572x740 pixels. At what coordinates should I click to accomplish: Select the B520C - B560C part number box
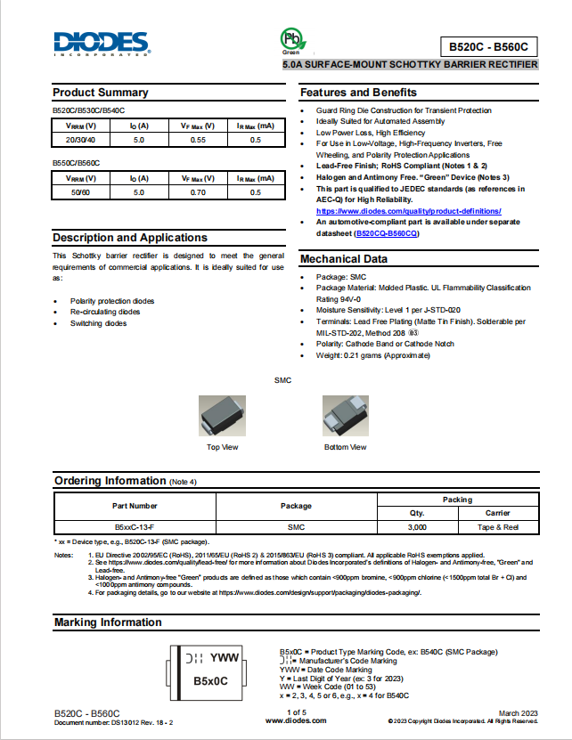coord(489,47)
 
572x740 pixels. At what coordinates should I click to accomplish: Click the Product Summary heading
coord(101,93)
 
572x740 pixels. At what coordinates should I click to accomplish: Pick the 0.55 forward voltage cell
coord(199,140)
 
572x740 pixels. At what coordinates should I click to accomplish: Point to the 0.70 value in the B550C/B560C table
coord(199,191)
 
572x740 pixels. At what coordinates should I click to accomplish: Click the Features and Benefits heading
coord(358,93)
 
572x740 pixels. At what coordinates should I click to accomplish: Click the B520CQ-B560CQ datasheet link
coord(386,233)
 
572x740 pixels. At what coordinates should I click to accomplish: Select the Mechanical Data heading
coord(344,259)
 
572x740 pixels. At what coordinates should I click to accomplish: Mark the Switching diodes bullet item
coord(98,323)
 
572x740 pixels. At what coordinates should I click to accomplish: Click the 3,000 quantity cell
coord(417,528)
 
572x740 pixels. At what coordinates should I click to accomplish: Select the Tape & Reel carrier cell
coord(497,528)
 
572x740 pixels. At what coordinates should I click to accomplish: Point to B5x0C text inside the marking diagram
coord(211,681)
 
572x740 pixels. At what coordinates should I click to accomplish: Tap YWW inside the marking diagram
coord(224,658)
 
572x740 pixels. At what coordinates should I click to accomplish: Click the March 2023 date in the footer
coord(519,713)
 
